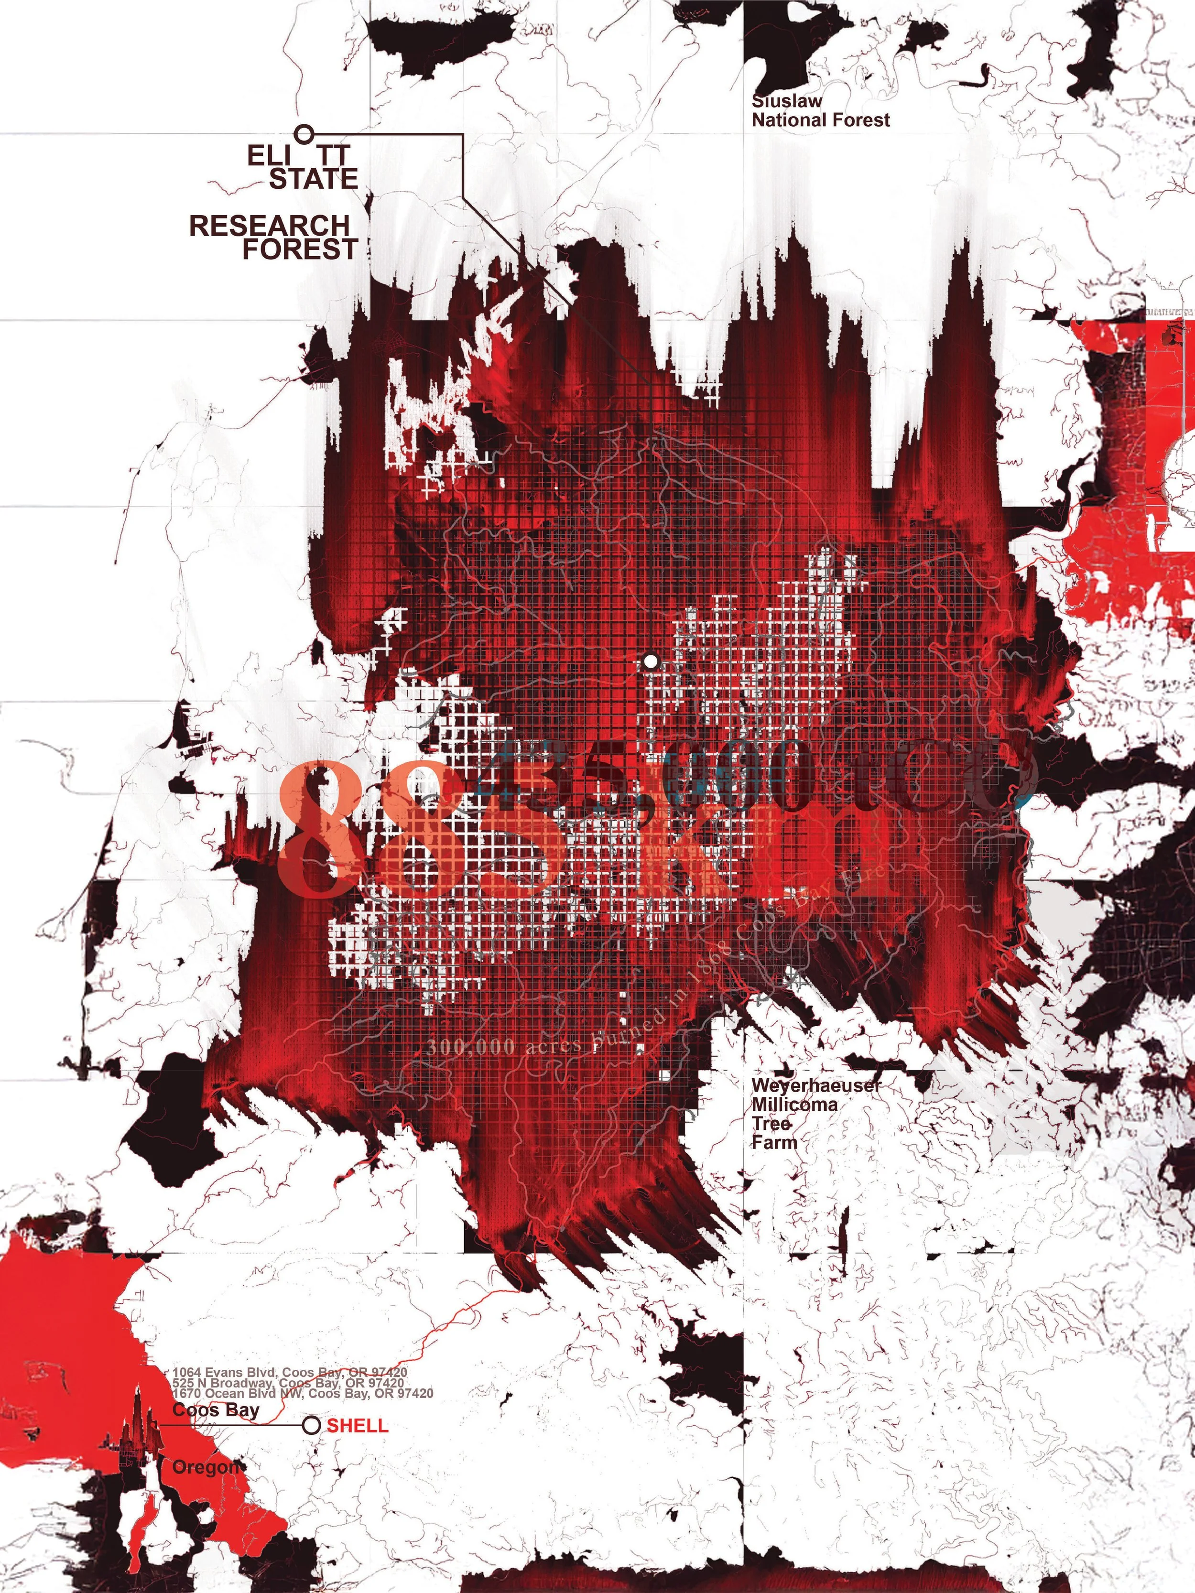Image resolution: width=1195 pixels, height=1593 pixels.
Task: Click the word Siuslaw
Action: pyautogui.click(x=787, y=101)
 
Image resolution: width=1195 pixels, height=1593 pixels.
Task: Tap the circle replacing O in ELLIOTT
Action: pyautogui.click(x=304, y=133)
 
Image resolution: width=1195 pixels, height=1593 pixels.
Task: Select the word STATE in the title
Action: pyautogui.click(x=314, y=179)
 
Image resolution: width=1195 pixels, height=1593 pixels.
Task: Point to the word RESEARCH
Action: pyautogui.click(x=270, y=226)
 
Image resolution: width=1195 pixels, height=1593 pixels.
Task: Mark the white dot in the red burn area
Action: pyautogui.click(x=651, y=661)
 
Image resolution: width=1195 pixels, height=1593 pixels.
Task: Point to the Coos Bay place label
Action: pyautogui.click(x=216, y=1409)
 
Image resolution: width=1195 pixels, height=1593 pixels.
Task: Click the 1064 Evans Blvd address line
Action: pyautogui.click(x=290, y=1373)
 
